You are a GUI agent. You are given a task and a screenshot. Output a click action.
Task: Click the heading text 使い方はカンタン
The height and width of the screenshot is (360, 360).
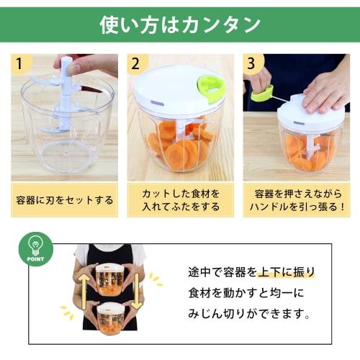pyautogui.click(x=179, y=24)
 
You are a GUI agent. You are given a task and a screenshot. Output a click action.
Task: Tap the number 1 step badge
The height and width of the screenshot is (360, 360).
pyautogui.click(x=21, y=63)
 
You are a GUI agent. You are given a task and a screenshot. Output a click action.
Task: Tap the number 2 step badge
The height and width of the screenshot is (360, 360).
pyautogui.click(x=135, y=63)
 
